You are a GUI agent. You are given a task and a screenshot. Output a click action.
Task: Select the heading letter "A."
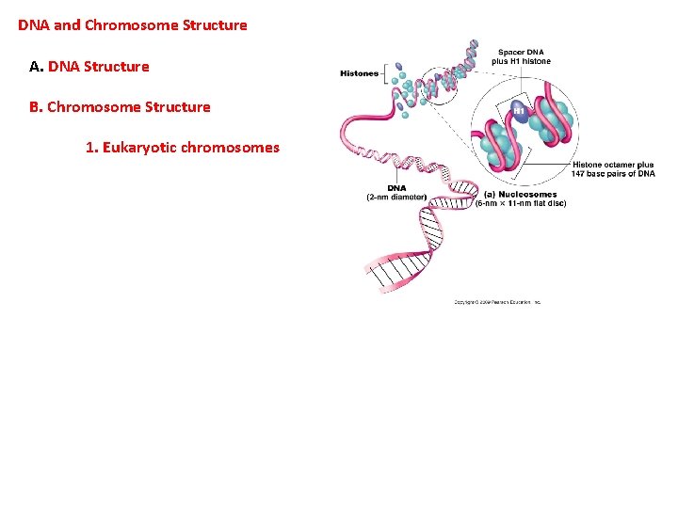[37, 67]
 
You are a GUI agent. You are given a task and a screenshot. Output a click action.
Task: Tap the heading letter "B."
[37, 106]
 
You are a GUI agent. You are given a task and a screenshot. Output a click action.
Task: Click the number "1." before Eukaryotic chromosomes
[91, 147]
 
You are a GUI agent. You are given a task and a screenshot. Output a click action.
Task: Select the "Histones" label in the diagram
[359, 73]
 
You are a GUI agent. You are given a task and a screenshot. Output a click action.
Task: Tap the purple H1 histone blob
[519, 111]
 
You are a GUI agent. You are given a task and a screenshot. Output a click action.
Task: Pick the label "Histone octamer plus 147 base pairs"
[612, 169]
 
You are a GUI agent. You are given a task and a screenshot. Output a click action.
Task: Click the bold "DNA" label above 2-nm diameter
[396, 188]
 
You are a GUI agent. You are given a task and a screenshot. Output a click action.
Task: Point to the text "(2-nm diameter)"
[396, 197]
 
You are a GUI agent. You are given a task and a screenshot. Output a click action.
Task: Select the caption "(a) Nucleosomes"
[520, 195]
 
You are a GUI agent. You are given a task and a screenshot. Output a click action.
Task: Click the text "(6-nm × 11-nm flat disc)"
[521, 203]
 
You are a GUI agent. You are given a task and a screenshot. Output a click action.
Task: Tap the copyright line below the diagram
[497, 302]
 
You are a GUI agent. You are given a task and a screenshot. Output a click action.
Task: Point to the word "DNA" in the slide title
[34, 25]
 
